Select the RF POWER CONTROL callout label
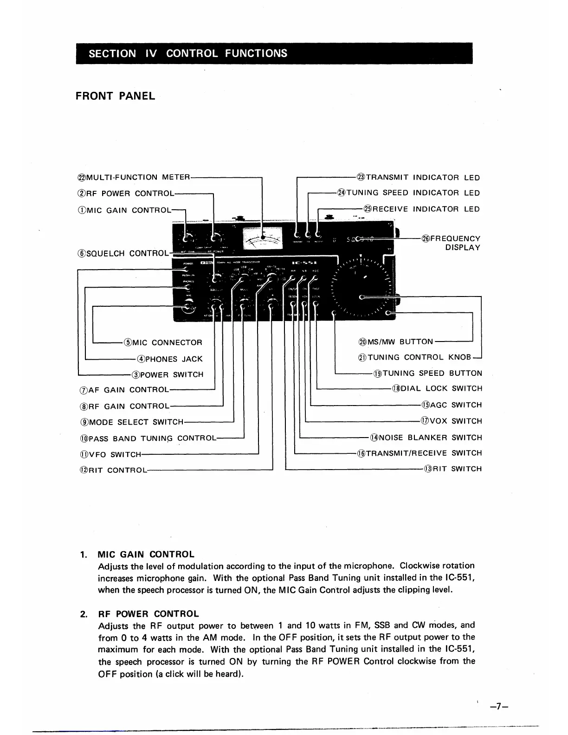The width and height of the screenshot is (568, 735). (x=124, y=193)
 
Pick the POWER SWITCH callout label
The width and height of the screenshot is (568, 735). (x=168, y=374)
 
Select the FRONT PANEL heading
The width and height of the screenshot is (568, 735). (x=115, y=97)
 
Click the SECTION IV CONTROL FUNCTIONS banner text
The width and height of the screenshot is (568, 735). (x=188, y=53)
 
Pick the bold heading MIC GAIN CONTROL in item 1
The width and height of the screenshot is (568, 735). (x=146, y=554)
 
